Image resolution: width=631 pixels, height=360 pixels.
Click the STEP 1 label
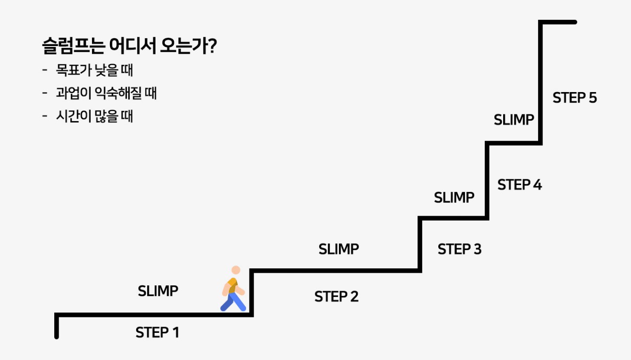tap(157, 333)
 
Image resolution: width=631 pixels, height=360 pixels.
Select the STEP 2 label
tap(337, 297)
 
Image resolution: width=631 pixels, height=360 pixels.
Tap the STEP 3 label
tap(460, 249)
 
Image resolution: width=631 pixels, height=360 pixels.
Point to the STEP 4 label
tap(520, 185)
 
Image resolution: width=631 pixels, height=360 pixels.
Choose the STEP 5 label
tap(575, 98)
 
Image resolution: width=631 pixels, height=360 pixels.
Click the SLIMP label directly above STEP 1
tap(158, 291)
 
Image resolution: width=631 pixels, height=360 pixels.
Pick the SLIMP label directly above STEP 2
tap(339, 249)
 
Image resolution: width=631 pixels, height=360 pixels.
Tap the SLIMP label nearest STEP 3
tap(454, 198)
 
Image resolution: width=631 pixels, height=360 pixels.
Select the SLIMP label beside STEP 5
tap(514, 120)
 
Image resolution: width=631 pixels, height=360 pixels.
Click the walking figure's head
tap(236, 270)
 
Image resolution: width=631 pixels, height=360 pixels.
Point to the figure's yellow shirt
tap(232, 285)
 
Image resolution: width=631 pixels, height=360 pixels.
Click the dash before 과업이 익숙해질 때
tap(45, 94)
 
